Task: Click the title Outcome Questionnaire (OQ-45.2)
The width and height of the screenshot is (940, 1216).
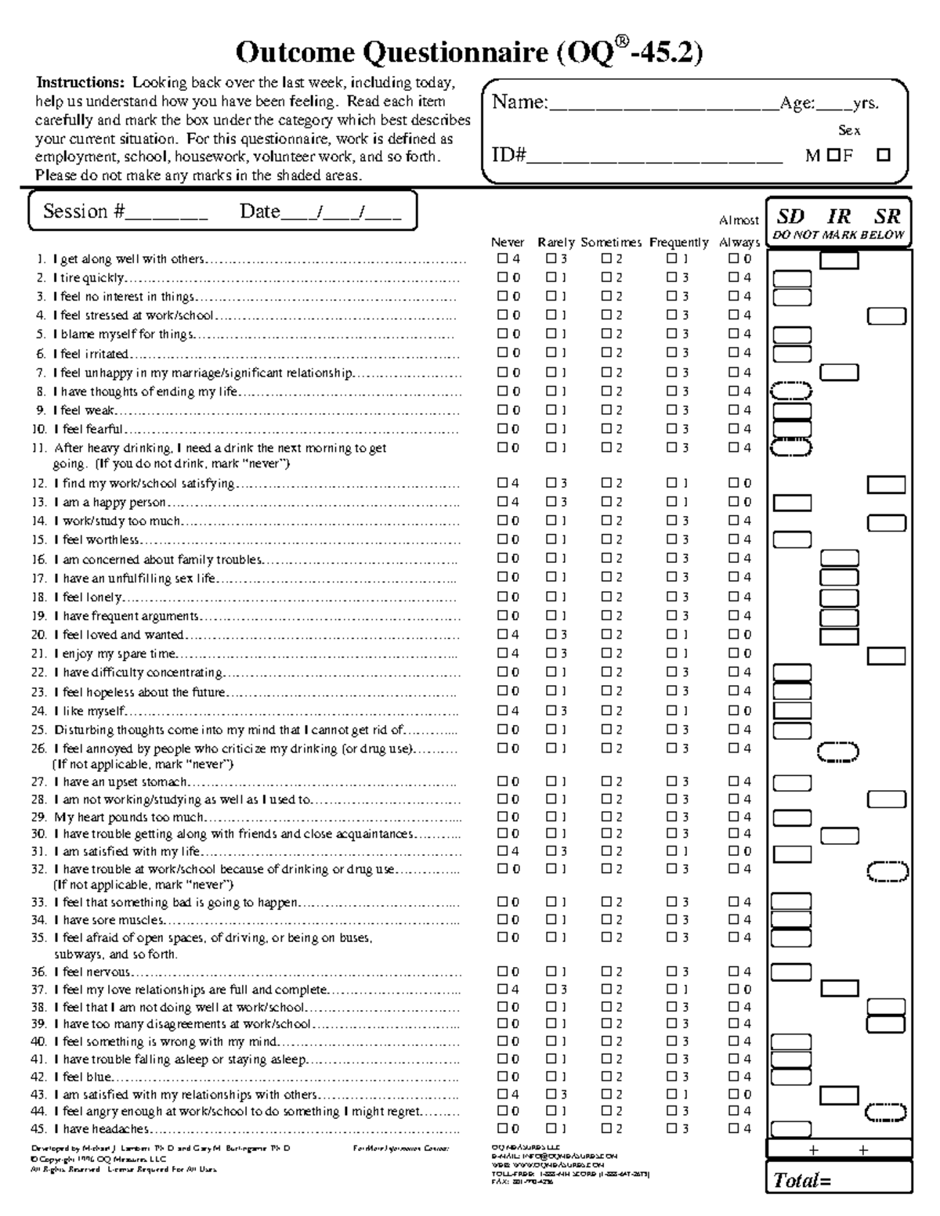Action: tap(469, 52)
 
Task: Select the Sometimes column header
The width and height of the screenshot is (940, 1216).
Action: tap(611, 243)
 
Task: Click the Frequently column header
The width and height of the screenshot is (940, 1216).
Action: tap(678, 243)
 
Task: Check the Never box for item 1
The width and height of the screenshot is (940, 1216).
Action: tap(502, 258)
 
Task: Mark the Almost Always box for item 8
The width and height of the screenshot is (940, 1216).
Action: tap(733, 391)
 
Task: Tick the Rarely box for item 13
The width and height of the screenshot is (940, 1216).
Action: tap(551, 502)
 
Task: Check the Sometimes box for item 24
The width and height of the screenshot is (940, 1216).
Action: tap(606, 710)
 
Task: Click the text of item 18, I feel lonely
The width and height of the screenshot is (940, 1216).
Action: tap(88, 597)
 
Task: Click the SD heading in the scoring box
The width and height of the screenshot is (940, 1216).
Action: tap(790, 217)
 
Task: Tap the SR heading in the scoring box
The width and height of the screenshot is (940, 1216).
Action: tap(887, 217)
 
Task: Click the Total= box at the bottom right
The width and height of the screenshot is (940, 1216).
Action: tap(839, 1179)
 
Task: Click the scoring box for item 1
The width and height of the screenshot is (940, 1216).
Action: tap(839, 260)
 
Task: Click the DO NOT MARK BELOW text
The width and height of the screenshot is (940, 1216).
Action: tap(838, 235)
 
